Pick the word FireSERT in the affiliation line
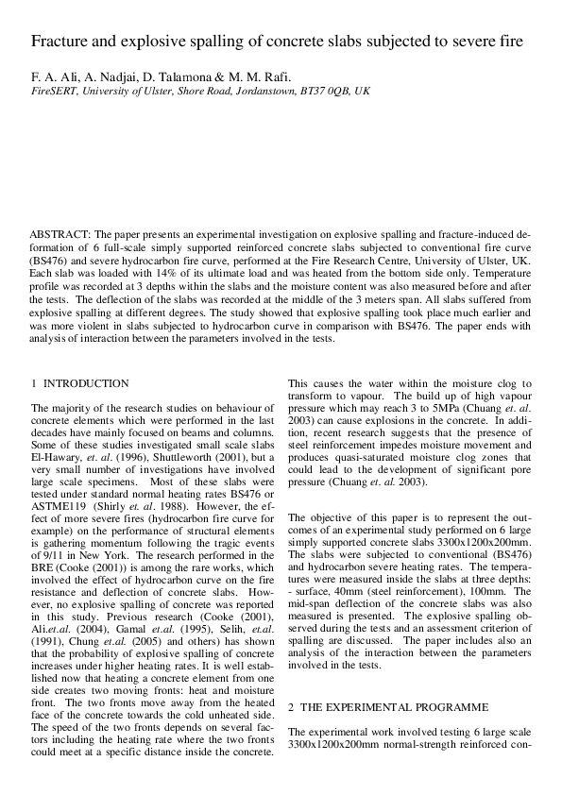pyautogui.click(x=53, y=95)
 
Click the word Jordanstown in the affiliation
pyautogui.click(x=250, y=95)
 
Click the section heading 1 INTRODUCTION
pyautogui.click(x=80, y=383)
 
